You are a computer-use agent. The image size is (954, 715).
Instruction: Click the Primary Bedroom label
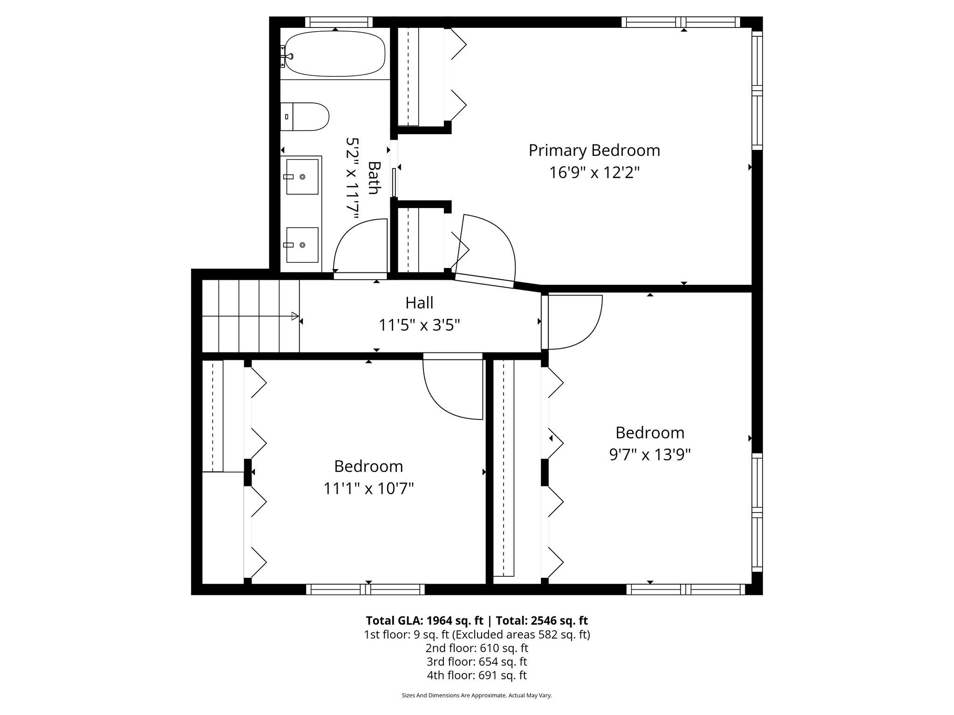coord(594,150)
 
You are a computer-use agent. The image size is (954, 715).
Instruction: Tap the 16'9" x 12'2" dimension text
coord(594,173)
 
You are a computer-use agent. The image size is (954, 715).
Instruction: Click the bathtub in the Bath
coord(334,54)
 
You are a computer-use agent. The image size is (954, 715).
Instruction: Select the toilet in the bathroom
coord(305,116)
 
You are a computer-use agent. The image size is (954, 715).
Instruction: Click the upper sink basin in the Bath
coord(302,176)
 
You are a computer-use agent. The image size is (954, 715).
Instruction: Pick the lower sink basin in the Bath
coord(302,245)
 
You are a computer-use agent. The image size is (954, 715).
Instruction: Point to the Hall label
coord(419,303)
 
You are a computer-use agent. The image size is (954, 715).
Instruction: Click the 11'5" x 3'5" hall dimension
coord(419,325)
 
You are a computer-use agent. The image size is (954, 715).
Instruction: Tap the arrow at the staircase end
coord(295,316)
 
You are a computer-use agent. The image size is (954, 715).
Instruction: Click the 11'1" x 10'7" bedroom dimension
coord(368,488)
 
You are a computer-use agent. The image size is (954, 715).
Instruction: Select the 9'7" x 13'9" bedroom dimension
coord(650,454)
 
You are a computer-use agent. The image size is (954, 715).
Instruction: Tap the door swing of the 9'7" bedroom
coord(582,326)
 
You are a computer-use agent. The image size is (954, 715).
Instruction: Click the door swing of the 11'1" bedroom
coord(447,396)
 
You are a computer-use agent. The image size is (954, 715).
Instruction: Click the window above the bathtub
coord(339,22)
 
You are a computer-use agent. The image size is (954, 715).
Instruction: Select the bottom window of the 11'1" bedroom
coord(365,590)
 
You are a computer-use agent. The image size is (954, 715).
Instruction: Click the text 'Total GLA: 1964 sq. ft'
coord(426,621)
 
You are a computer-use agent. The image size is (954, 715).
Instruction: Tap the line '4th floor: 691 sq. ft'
coord(477,675)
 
